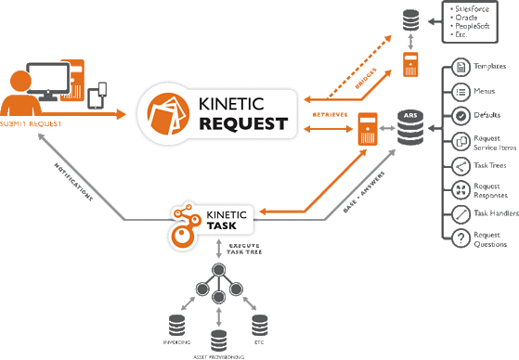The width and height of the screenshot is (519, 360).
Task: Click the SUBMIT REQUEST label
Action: [30, 123]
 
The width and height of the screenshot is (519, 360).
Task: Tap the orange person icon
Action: [24, 88]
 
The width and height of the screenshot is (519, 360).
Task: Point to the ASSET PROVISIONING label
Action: [219, 355]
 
